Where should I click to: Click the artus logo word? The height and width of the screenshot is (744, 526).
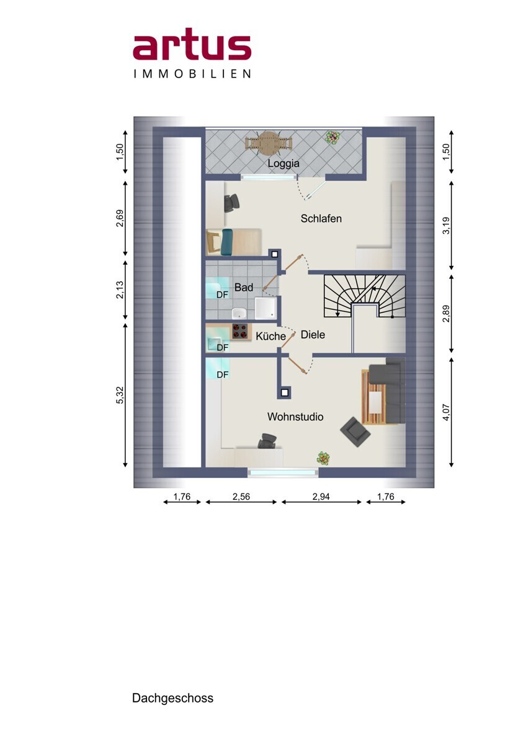click(x=192, y=48)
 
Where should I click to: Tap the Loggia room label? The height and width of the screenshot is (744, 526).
click(x=283, y=164)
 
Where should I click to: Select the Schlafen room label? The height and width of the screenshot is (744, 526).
click(x=321, y=218)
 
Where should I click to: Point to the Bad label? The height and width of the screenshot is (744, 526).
click(x=244, y=287)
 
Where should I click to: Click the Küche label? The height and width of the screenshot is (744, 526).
click(x=270, y=336)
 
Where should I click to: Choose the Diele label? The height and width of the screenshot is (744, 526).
click(x=313, y=335)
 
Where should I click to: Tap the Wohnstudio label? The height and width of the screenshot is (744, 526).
click(x=295, y=417)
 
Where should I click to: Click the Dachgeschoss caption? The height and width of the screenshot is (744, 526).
click(x=173, y=698)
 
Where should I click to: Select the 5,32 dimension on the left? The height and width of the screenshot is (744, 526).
click(x=120, y=395)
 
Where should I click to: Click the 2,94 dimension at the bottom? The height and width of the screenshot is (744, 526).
click(x=321, y=497)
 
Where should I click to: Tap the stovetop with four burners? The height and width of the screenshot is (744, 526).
click(x=240, y=330)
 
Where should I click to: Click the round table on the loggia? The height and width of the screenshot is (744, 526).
click(x=269, y=143)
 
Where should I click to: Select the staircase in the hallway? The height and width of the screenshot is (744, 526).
click(x=365, y=296)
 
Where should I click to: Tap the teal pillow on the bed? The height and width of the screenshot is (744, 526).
click(x=227, y=242)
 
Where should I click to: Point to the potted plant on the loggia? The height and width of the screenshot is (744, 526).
click(x=333, y=137)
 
